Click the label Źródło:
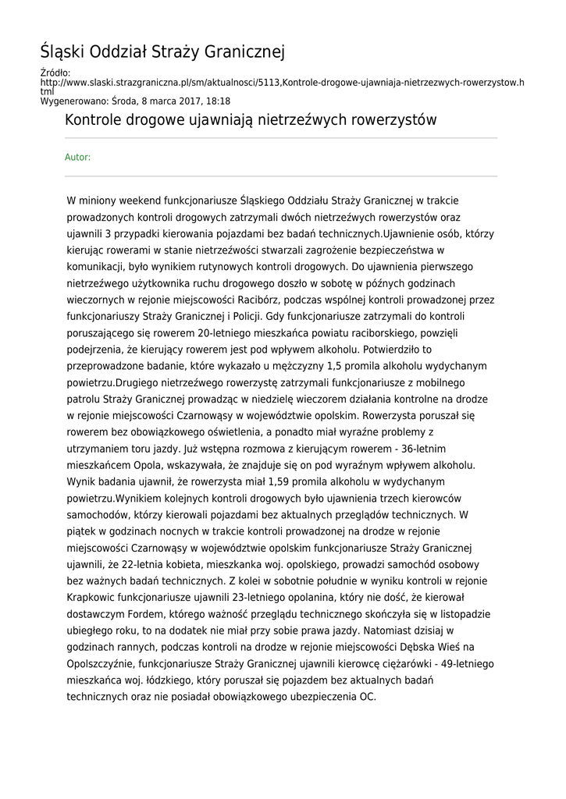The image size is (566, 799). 55,73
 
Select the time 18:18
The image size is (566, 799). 219,101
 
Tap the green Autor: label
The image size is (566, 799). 77,158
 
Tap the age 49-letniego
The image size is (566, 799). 464,664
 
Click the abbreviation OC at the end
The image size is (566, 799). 366,697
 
